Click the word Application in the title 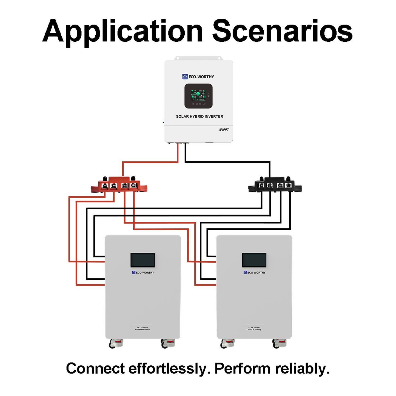tap(122, 32)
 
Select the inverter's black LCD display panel tap(198, 96)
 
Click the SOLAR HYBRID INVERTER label tap(200, 116)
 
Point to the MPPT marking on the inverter tap(224, 130)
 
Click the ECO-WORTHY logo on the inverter tap(198, 77)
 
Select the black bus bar tap(275, 185)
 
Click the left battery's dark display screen tap(143, 260)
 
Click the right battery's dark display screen tap(254, 260)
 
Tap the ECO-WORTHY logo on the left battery tap(143, 272)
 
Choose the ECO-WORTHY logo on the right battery tap(255, 272)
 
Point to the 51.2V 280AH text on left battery tap(143, 327)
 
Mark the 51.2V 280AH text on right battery tap(254, 327)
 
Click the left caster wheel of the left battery tap(116, 343)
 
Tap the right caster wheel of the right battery tap(279, 343)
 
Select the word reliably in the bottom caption tap(302, 369)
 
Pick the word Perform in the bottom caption tap(242, 369)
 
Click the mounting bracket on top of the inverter tap(198, 58)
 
